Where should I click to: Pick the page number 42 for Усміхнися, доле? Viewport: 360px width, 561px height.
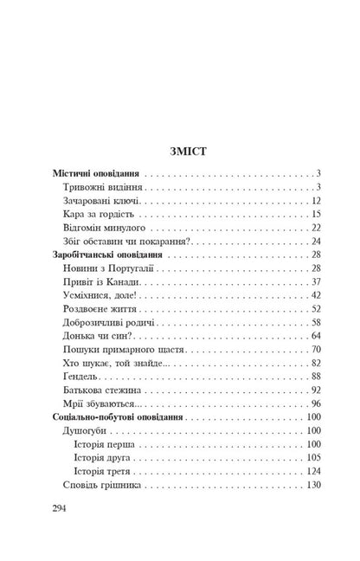click(x=316, y=296)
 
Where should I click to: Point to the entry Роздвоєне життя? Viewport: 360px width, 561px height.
click(x=103, y=310)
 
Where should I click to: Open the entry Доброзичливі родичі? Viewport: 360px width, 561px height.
click(x=112, y=324)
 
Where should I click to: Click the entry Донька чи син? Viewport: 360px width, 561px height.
click(x=99, y=338)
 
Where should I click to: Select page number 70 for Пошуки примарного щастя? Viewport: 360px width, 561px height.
click(x=316, y=351)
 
